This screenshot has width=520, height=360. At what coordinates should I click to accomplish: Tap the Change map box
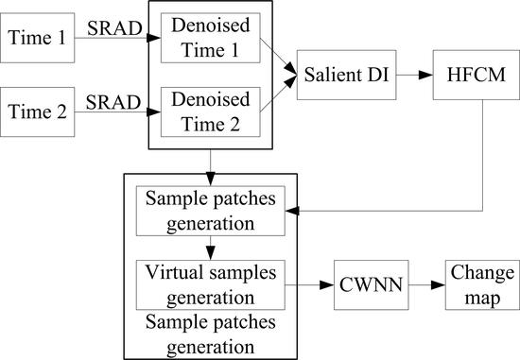coord(477,282)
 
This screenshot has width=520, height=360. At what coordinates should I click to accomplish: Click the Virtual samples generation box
coord(207,282)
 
